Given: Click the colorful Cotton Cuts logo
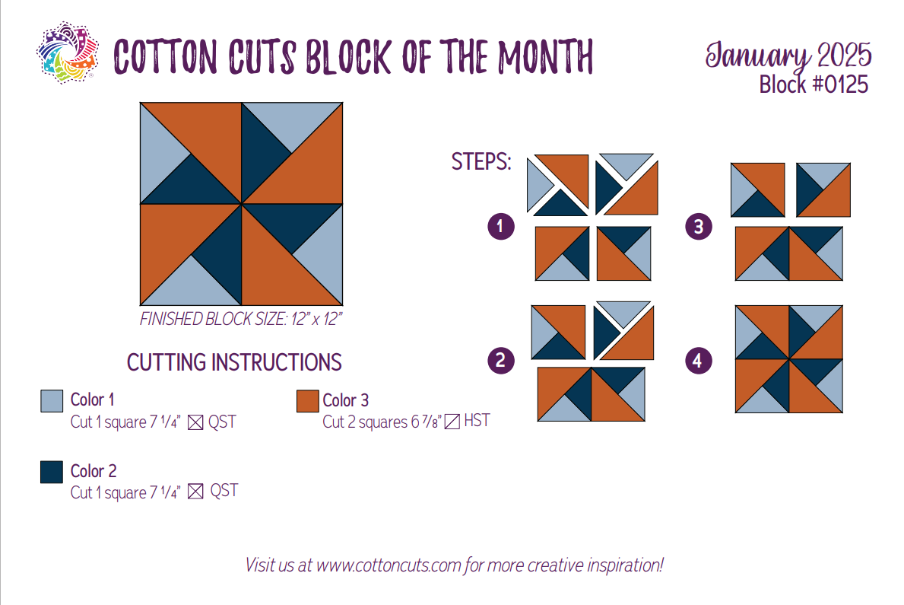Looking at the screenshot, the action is click(68, 53).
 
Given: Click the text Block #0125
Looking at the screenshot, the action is click(814, 84).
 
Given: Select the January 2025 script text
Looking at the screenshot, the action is click(788, 56).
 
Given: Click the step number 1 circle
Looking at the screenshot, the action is click(501, 226).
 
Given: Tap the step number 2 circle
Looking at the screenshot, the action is click(501, 361).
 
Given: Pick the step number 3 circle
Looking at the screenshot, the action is click(699, 226).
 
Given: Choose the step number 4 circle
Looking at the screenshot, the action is click(699, 361).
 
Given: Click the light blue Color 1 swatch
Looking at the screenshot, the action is click(52, 400).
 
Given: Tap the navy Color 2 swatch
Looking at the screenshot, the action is click(52, 472).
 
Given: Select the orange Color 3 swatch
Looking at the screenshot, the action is click(308, 401).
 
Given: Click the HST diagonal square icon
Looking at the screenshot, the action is click(452, 422).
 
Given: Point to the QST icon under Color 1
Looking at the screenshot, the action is click(196, 422).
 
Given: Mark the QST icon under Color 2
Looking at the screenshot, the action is click(196, 492).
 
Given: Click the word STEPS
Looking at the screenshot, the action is click(481, 161).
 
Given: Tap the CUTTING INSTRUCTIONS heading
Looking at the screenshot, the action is click(234, 362).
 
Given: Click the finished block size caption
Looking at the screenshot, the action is click(241, 319).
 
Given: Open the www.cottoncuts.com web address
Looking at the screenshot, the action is click(389, 565).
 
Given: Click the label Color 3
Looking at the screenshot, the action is click(345, 400).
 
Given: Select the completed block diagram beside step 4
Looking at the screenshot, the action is click(789, 359).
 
